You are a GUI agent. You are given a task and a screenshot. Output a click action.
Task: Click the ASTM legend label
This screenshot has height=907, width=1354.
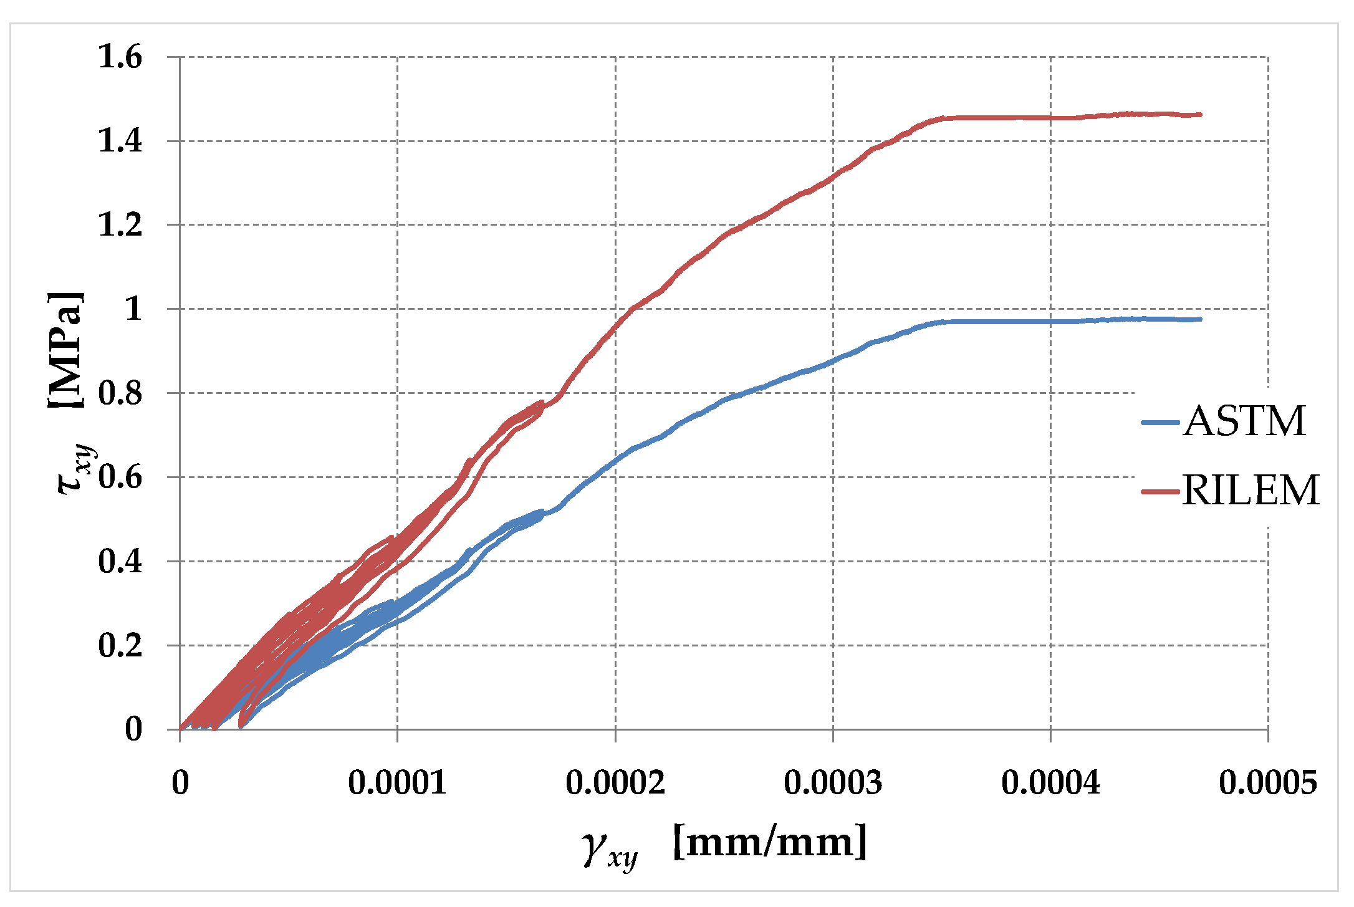coord(1244,421)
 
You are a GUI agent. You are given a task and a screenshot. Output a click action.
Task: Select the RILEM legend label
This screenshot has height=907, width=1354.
coord(1251,490)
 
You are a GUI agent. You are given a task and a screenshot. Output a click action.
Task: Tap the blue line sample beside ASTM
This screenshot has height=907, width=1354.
coord(1160,423)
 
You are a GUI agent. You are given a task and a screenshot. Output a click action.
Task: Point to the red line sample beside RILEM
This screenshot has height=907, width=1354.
coord(1160,491)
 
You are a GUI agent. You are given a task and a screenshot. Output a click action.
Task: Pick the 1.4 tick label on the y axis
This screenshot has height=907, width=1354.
coord(120,141)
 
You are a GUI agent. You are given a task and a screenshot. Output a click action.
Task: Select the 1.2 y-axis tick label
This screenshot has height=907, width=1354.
coord(120,224)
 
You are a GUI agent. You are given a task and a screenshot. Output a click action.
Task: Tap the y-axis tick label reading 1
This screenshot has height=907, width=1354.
coord(133,309)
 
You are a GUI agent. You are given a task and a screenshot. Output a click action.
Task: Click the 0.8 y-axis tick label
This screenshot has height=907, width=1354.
coord(120,393)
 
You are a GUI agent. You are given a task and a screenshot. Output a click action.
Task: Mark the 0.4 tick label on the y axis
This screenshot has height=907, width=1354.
coord(120,561)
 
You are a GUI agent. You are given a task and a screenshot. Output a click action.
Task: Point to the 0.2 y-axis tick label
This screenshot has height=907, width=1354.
coord(120,645)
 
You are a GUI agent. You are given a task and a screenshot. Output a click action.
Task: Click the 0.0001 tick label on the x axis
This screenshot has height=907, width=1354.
coord(397,782)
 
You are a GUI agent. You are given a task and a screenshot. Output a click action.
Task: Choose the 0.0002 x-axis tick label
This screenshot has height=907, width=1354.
coord(615,782)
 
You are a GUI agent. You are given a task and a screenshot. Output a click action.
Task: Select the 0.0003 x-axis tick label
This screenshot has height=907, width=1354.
coord(833,782)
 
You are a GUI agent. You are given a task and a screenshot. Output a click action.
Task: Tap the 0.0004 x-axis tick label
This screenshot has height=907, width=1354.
coord(1050,782)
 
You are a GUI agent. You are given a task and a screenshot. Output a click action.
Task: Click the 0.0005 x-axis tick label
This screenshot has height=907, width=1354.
coord(1268,782)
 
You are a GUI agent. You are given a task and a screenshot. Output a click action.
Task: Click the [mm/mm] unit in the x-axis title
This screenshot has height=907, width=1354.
coord(771,842)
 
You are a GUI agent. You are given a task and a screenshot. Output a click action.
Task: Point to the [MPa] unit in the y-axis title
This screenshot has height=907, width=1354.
coord(65,349)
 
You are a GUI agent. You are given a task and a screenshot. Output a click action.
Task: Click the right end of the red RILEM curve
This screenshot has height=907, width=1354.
coord(1200,115)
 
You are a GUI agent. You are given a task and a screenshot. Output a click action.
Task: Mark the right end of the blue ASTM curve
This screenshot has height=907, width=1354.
coord(1200,319)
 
